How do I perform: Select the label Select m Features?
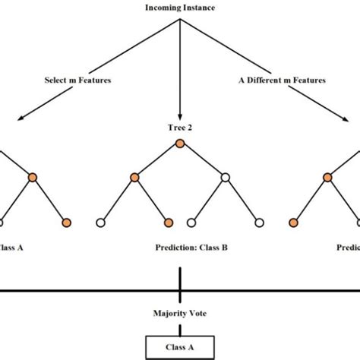point(68,78)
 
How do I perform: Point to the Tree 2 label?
point(180,128)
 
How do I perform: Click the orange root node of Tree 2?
point(180,144)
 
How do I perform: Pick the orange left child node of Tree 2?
point(134,178)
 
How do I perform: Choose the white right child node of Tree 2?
point(225,178)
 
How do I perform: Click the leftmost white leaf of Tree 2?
point(100,223)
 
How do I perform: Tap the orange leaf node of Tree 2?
point(169,223)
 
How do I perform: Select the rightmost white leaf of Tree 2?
point(259,223)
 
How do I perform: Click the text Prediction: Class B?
point(180,247)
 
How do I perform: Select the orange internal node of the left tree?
point(33,178)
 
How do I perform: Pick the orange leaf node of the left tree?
point(67,223)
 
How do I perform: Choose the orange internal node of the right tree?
point(327,178)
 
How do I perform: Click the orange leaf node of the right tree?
point(293,223)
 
